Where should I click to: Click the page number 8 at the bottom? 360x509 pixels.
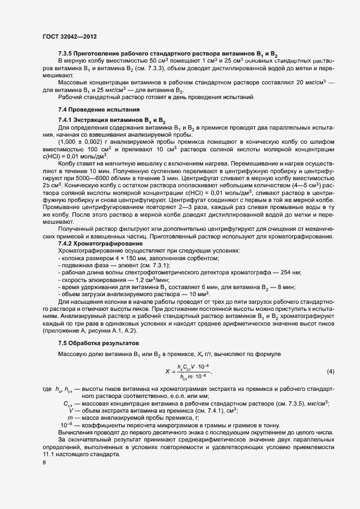tap(44, 463)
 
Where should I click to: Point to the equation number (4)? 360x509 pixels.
tap(330, 372)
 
